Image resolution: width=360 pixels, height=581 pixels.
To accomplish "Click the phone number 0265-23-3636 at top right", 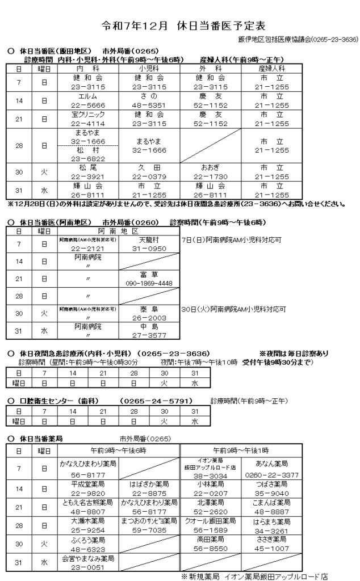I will click(335, 39).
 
